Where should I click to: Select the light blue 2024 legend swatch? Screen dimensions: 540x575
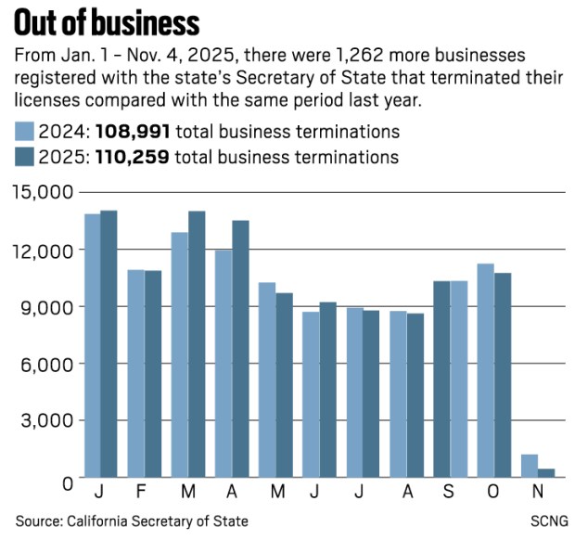[x=24, y=131]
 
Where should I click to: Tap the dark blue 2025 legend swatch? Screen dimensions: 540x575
[x=24, y=157]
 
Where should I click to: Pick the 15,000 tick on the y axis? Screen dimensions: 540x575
[x=43, y=192]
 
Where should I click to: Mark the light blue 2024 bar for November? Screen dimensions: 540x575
[x=530, y=465]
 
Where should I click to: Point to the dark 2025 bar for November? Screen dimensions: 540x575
[x=546, y=472]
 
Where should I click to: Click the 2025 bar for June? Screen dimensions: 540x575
[x=327, y=389]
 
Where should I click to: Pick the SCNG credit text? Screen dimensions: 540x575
[x=547, y=521]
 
